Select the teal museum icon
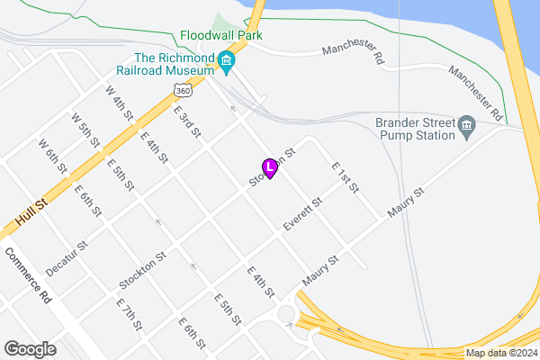[x=226, y=61]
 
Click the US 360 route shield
[x=184, y=90]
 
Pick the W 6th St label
[x=52, y=156]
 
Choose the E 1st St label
[x=345, y=178]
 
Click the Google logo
[x=31, y=348]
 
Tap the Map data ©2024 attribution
[x=499, y=353]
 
